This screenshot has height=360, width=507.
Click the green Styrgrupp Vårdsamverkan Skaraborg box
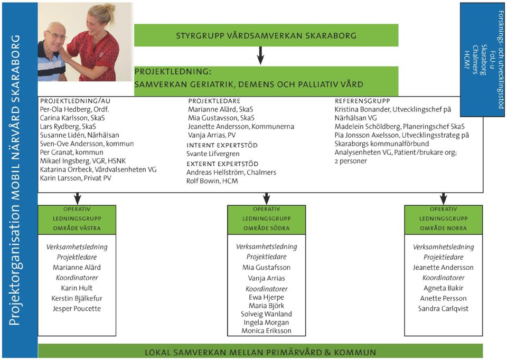[266, 35]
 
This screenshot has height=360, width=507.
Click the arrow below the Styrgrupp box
[260, 55]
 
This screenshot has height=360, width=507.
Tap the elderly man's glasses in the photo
[57, 35]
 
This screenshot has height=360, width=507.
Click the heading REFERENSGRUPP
[362, 101]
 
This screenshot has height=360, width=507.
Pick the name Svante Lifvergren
[213, 154]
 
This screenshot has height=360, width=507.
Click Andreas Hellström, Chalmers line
[231, 172]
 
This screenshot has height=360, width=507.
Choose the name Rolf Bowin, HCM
[212, 181]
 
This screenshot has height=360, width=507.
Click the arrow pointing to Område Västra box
[77, 198]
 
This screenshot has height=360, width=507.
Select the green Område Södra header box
[266, 220]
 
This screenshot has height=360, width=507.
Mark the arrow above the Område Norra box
[443, 198]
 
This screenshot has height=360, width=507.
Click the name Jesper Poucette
[77, 309]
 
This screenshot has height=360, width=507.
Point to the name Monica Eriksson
[266, 330]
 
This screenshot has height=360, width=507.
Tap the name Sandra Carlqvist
[443, 309]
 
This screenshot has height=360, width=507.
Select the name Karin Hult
[77, 288]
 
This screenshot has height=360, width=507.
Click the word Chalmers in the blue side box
[475, 60]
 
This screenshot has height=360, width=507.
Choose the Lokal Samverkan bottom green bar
[260, 352]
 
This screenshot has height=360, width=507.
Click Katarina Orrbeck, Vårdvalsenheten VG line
[98, 169]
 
